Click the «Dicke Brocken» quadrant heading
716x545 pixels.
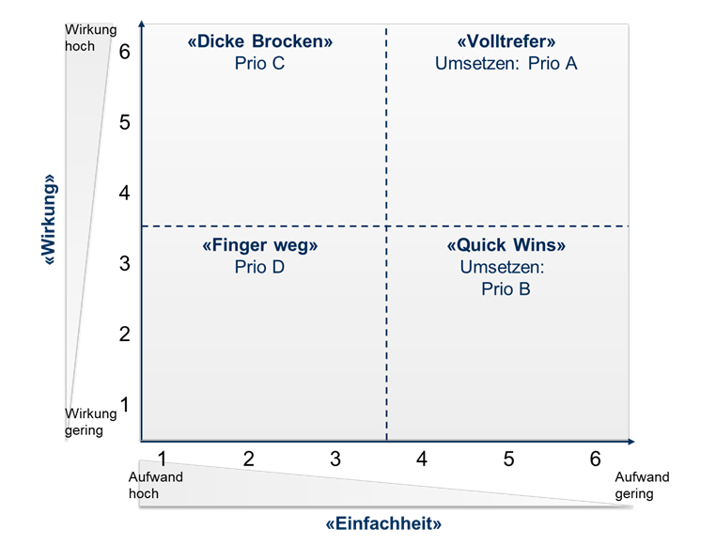[x=260, y=41]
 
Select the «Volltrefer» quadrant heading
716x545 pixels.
[x=506, y=41]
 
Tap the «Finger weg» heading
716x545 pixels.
[x=260, y=245]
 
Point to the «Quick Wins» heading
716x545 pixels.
[x=506, y=245]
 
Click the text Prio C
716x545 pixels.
[x=260, y=63]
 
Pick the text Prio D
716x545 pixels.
[x=260, y=267]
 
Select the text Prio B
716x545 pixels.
[x=506, y=288]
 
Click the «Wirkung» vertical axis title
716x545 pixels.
[x=49, y=219]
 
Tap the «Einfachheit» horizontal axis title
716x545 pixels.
[x=383, y=523]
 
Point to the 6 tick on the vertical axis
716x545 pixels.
[x=125, y=52]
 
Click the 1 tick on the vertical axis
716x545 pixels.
[x=125, y=404]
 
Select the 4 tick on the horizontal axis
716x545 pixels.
[x=422, y=459]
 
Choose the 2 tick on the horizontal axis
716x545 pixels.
[x=248, y=459]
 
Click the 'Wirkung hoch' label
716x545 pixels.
[x=90, y=38]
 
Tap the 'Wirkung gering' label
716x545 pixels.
[x=90, y=422]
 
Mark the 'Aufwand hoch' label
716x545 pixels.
[x=155, y=485]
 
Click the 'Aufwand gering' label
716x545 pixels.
[x=642, y=485]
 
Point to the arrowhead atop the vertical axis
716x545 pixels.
[x=142, y=23]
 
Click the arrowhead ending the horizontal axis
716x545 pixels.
[x=631, y=442]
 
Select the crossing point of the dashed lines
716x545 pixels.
[x=386, y=226]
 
